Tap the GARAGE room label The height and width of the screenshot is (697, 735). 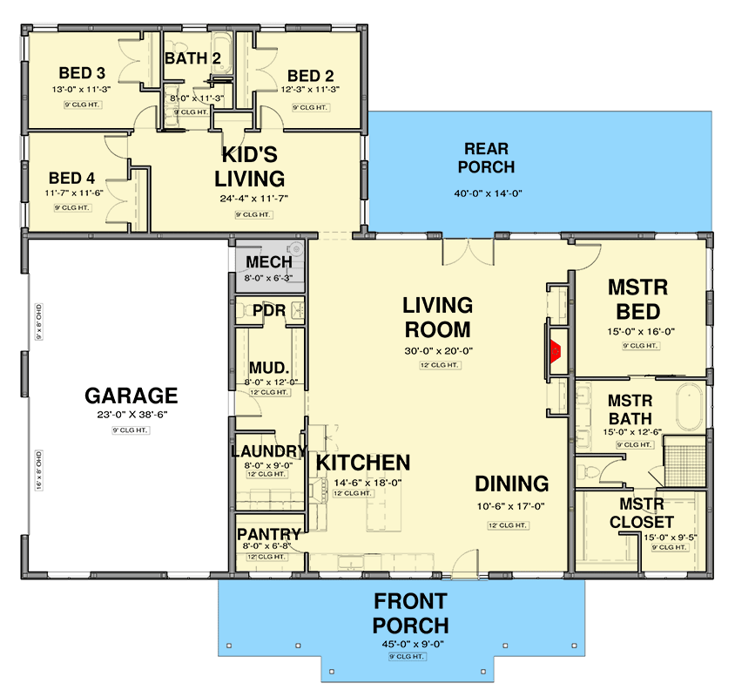pyautogui.click(x=131, y=396)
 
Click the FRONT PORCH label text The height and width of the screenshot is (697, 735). pyautogui.click(x=411, y=613)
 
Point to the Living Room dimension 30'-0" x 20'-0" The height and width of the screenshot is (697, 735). pyautogui.click(x=437, y=351)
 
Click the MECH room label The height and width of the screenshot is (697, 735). pyautogui.click(x=268, y=262)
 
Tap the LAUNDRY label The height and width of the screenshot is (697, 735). pyautogui.click(x=268, y=451)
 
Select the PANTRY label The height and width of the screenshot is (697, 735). pyautogui.click(x=268, y=534)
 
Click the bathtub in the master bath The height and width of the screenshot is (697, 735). pyautogui.click(x=691, y=407)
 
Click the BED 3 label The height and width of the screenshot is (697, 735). pyautogui.click(x=82, y=72)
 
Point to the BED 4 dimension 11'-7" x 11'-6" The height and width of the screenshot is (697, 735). pyautogui.click(x=72, y=193)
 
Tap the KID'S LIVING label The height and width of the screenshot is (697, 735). pyautogui.click(x=251, y=167)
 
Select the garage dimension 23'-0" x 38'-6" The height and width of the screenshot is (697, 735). pyautogui.click(x=131, y=416)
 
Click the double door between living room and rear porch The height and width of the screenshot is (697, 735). pyautogui.click(x=462, y=252)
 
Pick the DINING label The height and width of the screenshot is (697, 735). pyautogui.click(x=511, y=484)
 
